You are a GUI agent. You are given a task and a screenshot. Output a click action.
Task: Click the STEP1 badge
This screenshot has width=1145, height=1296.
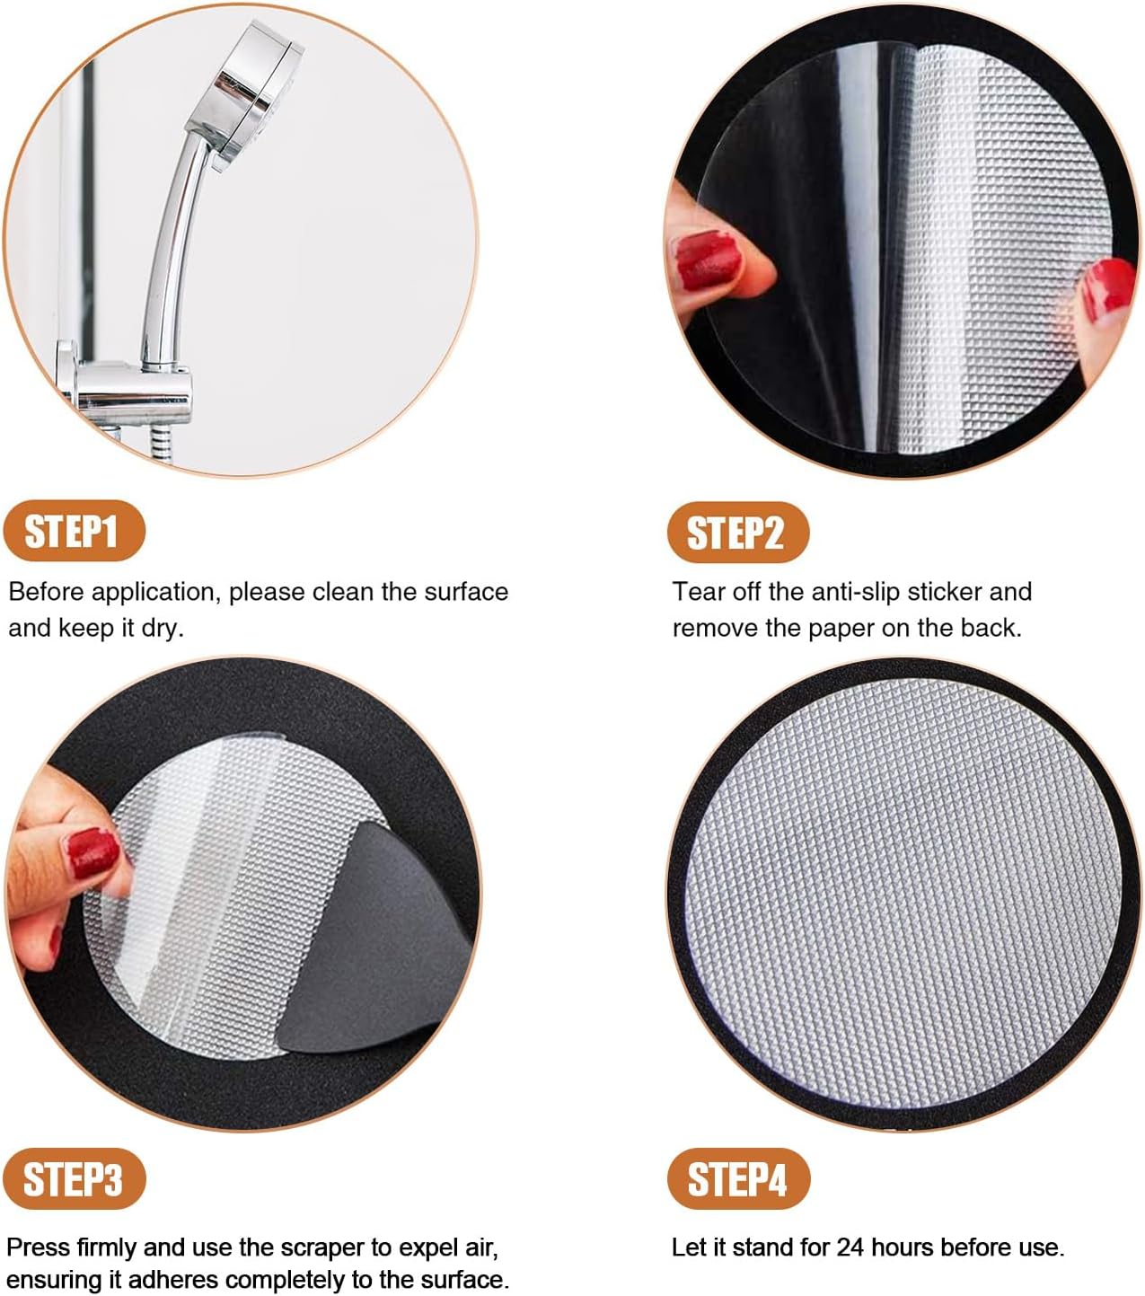pyautogui.click(x=74, y=531)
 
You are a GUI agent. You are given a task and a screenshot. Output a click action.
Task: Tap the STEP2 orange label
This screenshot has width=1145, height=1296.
pyautogui.click(x=737, y=533)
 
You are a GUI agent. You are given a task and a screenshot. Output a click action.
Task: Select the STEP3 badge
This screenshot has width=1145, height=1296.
pyautogui.click(x=74, y=1178)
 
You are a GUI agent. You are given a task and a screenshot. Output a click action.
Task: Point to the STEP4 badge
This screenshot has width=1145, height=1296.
pyautogui.click(x=738, y=1178)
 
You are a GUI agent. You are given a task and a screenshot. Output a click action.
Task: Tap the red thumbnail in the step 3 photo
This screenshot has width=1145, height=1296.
pyautogui.click(x=92, y=853)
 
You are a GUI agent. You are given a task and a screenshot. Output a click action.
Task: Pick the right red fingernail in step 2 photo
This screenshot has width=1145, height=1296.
pyautogui.click(x=1106, y=289)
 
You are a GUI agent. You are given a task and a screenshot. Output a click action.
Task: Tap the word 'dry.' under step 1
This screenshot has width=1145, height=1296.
pyautogui.click(x=162, y=628)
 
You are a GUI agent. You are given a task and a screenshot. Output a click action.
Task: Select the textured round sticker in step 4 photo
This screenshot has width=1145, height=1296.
pyautogui.click(x=903, y=894)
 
